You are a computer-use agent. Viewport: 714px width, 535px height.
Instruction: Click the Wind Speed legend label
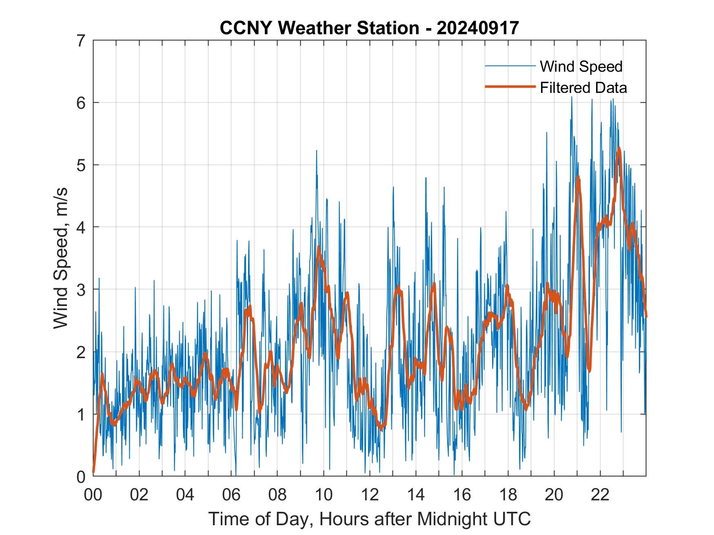(x=581, y=66)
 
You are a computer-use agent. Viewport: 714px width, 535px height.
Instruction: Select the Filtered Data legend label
(x=583, y=88)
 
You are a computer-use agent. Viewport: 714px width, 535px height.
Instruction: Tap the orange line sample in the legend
(x=510, y=87)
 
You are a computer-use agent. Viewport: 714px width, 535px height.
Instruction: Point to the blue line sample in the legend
(x=510, y=66)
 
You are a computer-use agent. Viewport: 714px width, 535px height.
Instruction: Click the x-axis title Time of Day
(x=370, y=519)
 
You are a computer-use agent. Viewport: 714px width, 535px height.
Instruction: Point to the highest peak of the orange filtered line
(x=619, y=148)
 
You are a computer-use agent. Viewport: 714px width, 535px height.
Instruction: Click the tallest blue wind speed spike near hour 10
(x=316, y=151)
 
